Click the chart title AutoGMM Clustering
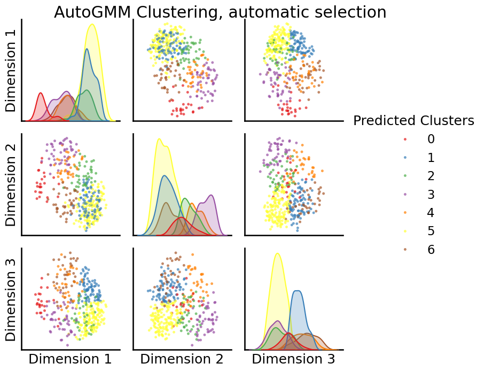point(220,12)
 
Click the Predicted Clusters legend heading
point(413,121)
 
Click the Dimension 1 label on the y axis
point(11,70)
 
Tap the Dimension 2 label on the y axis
point(11,184)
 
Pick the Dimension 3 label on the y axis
point(11,299)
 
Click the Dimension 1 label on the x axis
point(70,359)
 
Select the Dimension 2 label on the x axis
point(182,359)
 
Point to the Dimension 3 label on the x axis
point(294,359)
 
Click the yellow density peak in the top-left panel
point(92,25)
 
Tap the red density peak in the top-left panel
point(41,94)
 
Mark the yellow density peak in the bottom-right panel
point(277,253)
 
